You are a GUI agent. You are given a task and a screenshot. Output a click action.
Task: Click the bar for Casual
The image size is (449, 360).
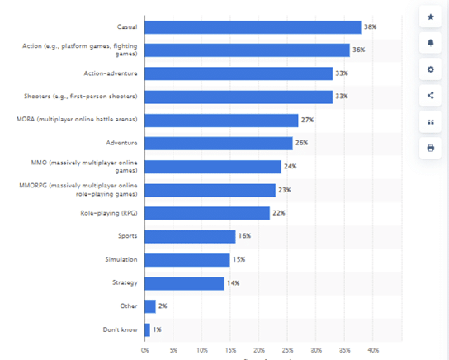(x=253, y=27)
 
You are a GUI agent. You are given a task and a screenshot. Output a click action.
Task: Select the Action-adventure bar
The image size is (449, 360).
(x=239, y=73)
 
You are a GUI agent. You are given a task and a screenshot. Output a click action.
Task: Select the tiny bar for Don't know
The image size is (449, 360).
(x=147, y=329)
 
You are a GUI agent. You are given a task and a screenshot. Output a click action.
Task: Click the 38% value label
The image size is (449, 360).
(x=370, y=27)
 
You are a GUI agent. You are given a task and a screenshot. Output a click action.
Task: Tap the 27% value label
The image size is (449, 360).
(x=307, y=121)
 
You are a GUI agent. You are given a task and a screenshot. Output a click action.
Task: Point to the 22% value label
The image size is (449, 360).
(x=279, y=213)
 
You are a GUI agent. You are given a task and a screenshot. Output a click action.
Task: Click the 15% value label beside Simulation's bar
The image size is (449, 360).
(x=239, y=260)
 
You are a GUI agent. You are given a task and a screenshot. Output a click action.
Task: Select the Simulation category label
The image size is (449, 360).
(x=121, y=260)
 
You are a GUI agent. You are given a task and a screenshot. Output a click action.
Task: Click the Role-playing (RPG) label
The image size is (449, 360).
(x=110, y=213)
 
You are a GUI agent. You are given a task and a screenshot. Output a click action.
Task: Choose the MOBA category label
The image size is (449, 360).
(x=77, y=121)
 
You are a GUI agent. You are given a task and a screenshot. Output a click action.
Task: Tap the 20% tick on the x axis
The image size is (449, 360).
(x=258, y=350)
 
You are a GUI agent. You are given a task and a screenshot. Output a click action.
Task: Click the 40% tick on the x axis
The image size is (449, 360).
(x=372, y=350)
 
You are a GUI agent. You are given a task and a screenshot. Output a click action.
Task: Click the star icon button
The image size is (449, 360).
(x=430, y=17)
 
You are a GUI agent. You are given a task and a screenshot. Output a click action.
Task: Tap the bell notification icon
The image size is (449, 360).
(x=430, y=43)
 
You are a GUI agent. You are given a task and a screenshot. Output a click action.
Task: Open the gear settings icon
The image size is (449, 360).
(x=430, y=69)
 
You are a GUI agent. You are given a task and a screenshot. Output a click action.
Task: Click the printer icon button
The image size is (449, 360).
(x=430, y=148)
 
